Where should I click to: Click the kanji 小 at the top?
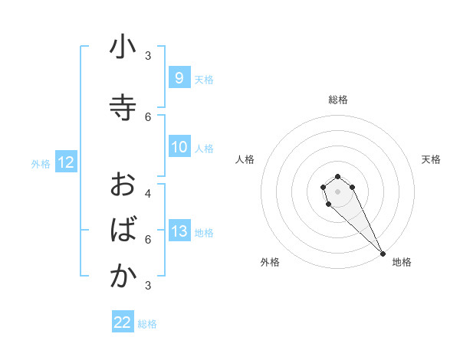123,49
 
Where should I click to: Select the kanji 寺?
123,106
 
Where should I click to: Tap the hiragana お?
123,185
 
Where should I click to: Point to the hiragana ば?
123,230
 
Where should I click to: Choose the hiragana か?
123,277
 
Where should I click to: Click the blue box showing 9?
179,78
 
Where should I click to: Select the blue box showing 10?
179,147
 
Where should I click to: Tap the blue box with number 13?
179,231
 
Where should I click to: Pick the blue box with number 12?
65,162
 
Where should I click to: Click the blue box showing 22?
123,322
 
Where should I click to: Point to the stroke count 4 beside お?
148,194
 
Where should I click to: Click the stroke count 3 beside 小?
148,56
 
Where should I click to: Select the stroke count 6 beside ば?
148,240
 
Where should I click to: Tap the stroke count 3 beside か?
148,286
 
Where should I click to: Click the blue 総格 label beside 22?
147,324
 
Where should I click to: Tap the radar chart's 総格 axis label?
338,100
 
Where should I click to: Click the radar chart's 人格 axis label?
245,159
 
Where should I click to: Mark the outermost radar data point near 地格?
383,254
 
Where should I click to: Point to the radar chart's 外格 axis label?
270,262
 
